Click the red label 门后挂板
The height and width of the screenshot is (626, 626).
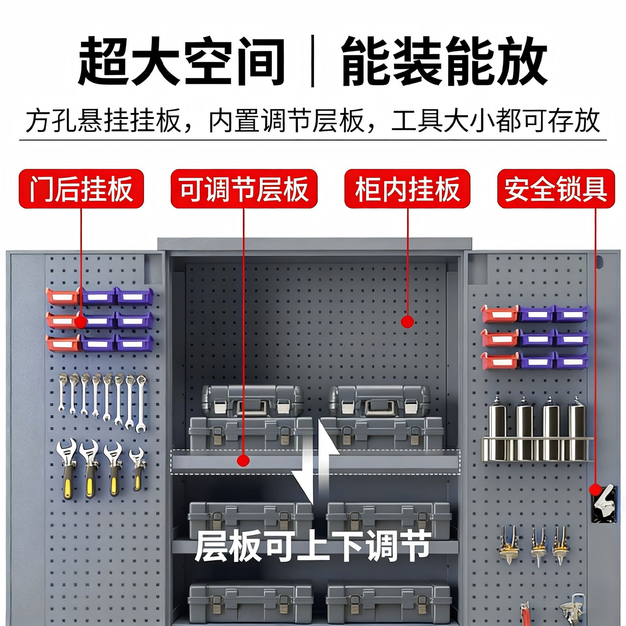(x=82, y=189)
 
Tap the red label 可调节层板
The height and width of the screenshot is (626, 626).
(x=244, y=189)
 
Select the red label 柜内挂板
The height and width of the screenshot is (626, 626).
(x=407, y=189)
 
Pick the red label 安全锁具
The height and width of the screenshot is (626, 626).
(x=556, y=189)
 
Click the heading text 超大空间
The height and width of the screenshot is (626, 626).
(x=181, y=61)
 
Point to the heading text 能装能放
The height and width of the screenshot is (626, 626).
(x=444, y=61)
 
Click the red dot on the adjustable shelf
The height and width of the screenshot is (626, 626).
(x=243, y=460)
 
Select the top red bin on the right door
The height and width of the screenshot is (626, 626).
(x=500, y=314)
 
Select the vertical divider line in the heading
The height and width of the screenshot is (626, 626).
(x=313, y=62)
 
